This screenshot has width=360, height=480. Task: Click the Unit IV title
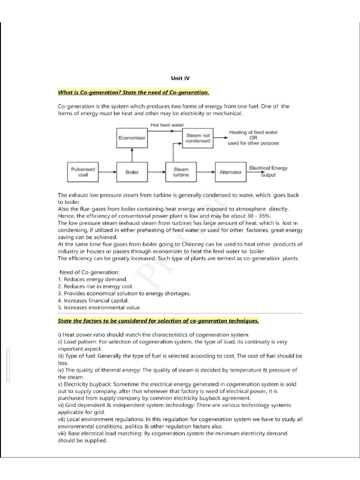tap(180, 79)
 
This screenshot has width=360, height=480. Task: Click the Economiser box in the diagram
tap(132, 138)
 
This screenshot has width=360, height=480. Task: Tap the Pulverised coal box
tap(83, 172)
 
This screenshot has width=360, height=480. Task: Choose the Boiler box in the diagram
tap(132, 172)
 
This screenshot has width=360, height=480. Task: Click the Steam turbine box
tap(181, 172)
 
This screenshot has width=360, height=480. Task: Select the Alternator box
tap(230, 172)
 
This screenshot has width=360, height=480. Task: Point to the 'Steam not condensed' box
tap(197, 138)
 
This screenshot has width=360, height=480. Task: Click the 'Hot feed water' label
tap(167, 125)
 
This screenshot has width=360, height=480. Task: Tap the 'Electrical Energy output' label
tap(268, 171)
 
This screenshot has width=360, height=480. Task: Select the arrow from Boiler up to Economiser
tap(132, 155)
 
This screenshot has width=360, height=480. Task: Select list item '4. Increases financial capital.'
tap(93, 300)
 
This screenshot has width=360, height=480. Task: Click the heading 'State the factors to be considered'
tap(158, 322)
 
